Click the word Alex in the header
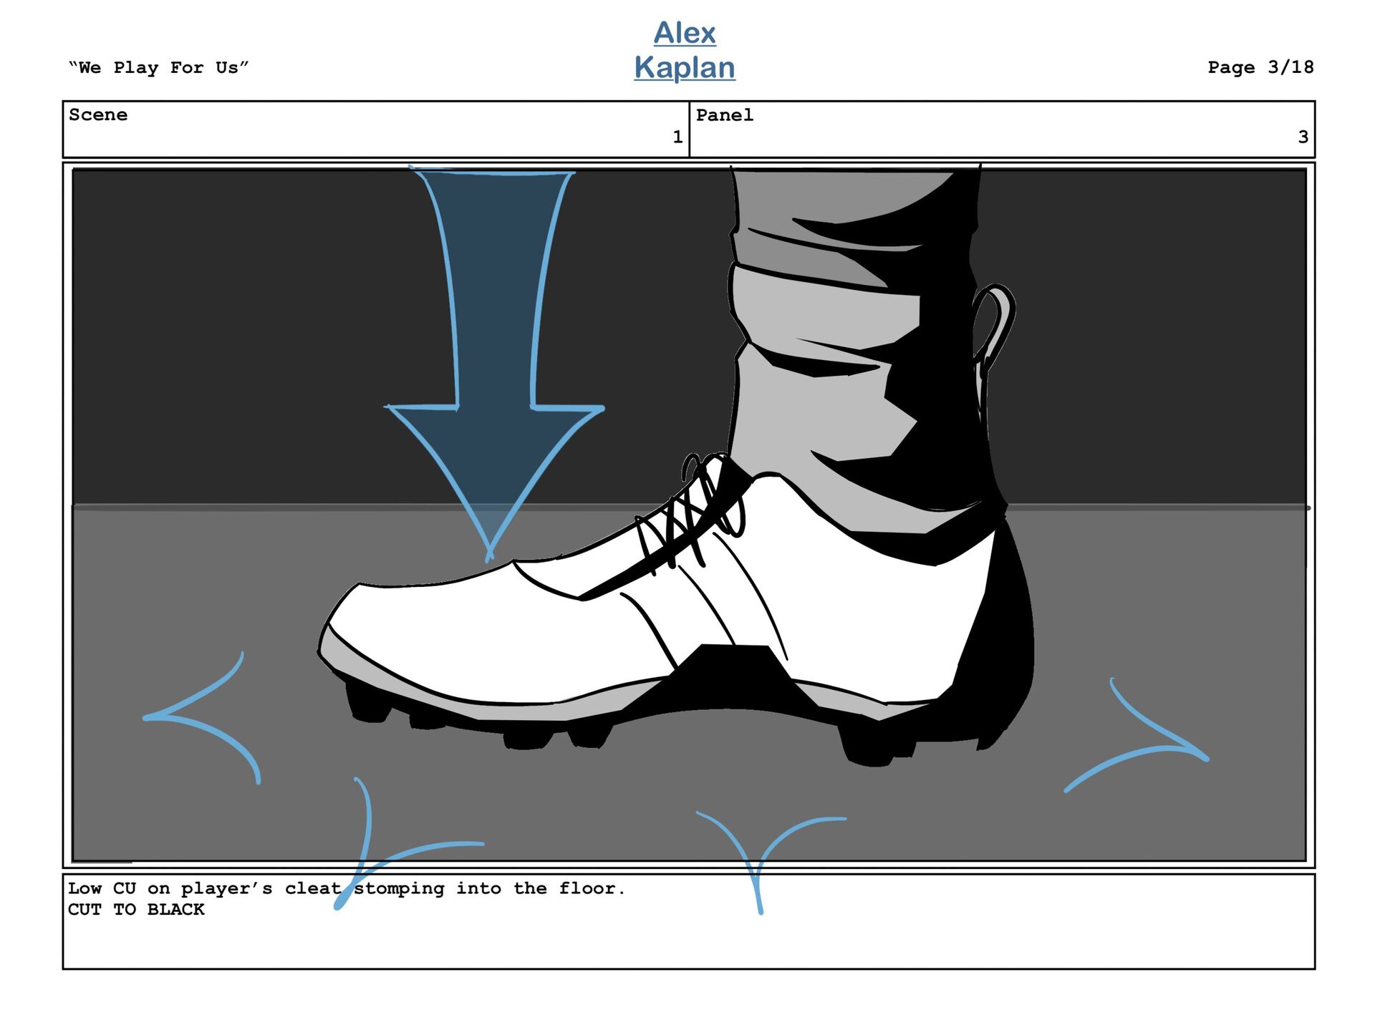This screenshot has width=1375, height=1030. coord(684,33)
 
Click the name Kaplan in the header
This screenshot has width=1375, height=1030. coord(684,67)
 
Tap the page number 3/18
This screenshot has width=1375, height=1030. coord(1290,67)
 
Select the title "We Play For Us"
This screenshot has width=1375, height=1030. coord(158,68)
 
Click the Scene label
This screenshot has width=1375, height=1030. coord(98,115)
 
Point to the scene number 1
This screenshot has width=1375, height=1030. coord(677,137)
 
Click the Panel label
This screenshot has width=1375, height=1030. coord(724,115)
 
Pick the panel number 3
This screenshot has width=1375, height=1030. coord(1303,137)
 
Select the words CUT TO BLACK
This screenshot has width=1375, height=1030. coord(136,910)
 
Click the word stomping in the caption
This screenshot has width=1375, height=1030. coord(399,889)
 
